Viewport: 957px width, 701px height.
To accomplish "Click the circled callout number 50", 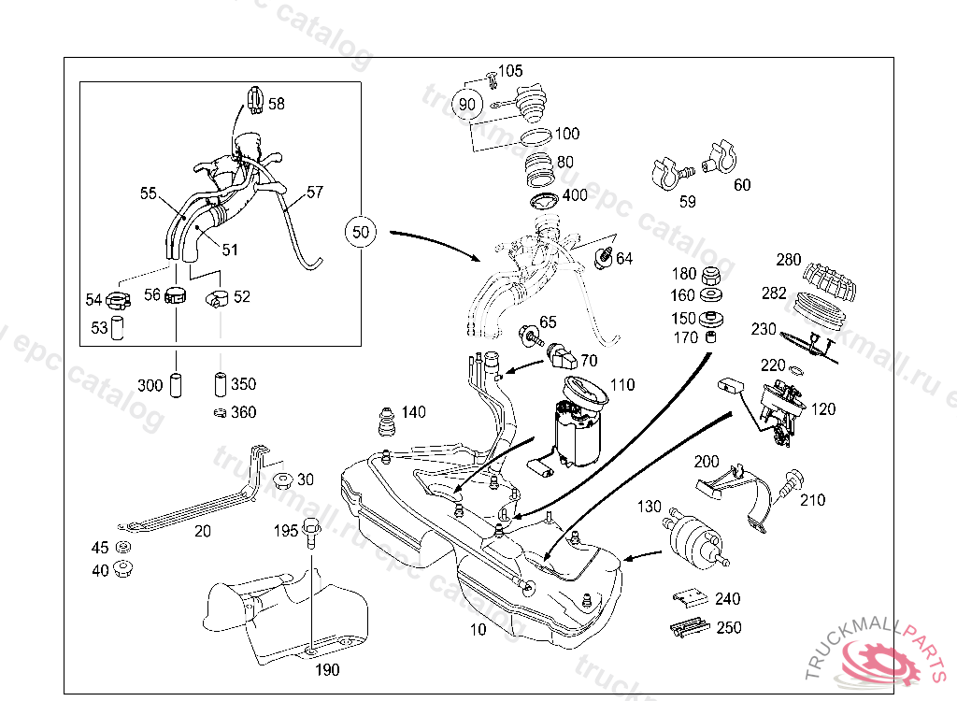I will (x=362, y=230).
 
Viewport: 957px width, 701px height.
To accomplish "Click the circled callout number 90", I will (x=467, y=105).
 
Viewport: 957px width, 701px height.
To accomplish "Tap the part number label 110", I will (x=622, y=384).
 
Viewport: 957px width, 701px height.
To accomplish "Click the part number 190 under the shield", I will (x=326, y=670).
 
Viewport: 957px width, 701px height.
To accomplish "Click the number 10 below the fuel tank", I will (x=478, y=631).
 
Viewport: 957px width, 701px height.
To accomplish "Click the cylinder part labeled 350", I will (x=221, y=384).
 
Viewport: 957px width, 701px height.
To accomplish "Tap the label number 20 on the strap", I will (x=202, y=531).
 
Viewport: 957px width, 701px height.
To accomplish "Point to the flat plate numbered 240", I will (x=691, y=598).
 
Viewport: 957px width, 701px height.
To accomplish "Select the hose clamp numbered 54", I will (x=117, y=300).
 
